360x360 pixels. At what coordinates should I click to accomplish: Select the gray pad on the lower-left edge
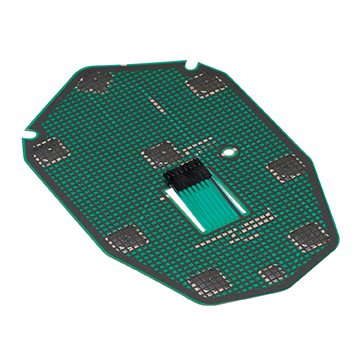coord(126,237)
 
